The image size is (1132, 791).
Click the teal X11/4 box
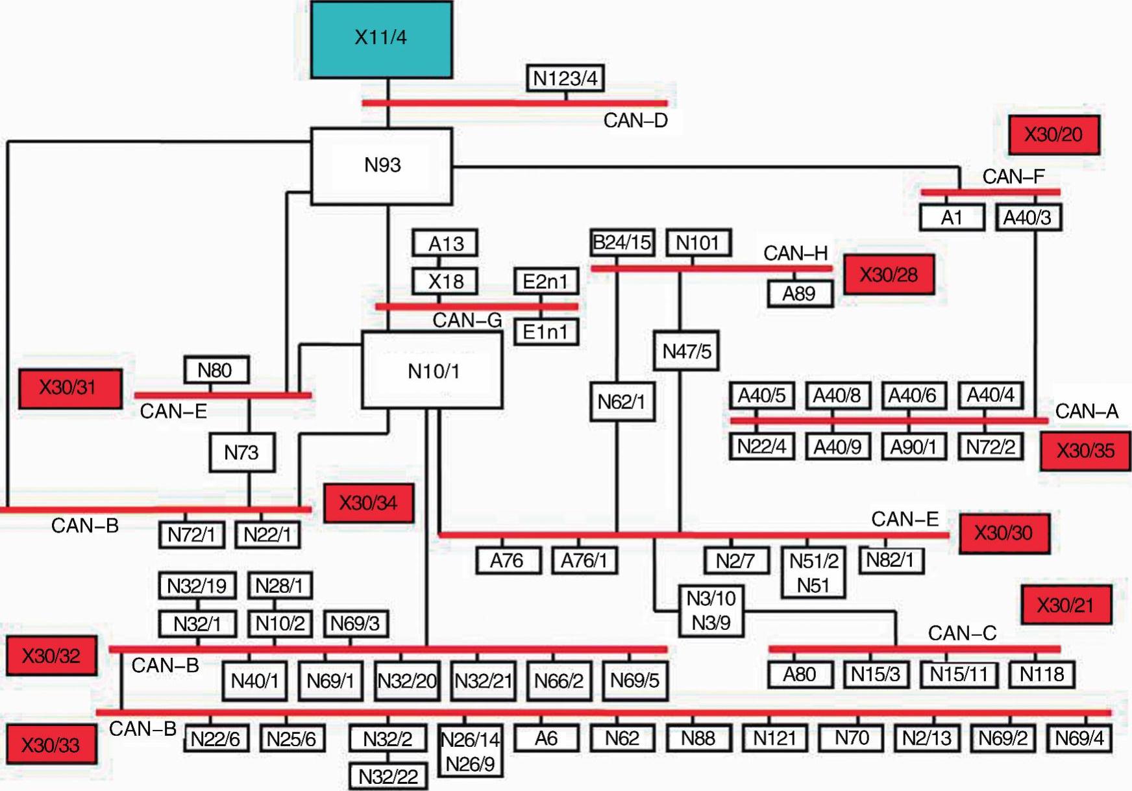pyautogui.click(x=381, y=39)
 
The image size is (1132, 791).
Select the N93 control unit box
pyautogui.click(x=382, y=166)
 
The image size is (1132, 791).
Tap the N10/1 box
pyautogui.click(x=432, y=371)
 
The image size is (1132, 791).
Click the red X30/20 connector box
pyautogui.click(x=1053, y=135)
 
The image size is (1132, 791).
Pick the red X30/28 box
pyautogui.click(x=889, y=275)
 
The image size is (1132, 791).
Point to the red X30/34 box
pyautogui.click(x=368, y=503)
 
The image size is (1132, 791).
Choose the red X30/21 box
pyautogui.click(x=1065, y=605)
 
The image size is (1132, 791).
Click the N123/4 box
pyautogui.click(x=565, y=79)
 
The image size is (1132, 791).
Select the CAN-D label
pyautogui.click(x=635, y=121)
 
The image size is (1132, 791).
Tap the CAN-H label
pyautogui.click(x=795, y=253)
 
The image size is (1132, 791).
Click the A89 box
pyautogui.click(x=799, y=294)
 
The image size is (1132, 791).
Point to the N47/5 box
pyautogui.click(x=686, y=351)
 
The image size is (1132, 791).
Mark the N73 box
pyautogui.click(x=241, y=452)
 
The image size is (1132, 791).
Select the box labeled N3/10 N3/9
pyautogui.click(x=711, y=610)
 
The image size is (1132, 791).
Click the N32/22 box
pyautogui.click(x=388, y=776)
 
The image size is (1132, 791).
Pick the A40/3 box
pyautogui.click(x=1027, y=218)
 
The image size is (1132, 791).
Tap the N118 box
pyautogui.click(x=1041, y=675)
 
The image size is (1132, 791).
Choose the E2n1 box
pyautogui.click(x=545, y=281)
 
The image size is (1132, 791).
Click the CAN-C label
pyautogui.click(x=962, y=633)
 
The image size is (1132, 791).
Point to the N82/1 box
pyautogui.click(x=890, y=560)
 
